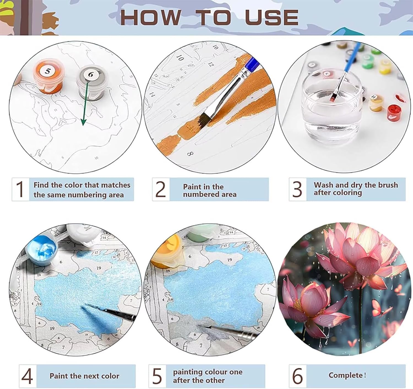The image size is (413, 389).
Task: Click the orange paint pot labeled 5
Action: coord(48,76)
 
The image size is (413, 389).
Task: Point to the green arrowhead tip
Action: coord(83,126)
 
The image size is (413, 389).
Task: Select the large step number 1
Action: coord(20,189)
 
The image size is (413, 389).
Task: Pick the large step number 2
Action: coord(161,189)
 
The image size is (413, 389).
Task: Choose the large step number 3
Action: coord(297,189)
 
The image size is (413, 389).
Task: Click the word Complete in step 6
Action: coord(346,376)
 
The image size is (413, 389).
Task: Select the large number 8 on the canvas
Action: coord(190,154)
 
